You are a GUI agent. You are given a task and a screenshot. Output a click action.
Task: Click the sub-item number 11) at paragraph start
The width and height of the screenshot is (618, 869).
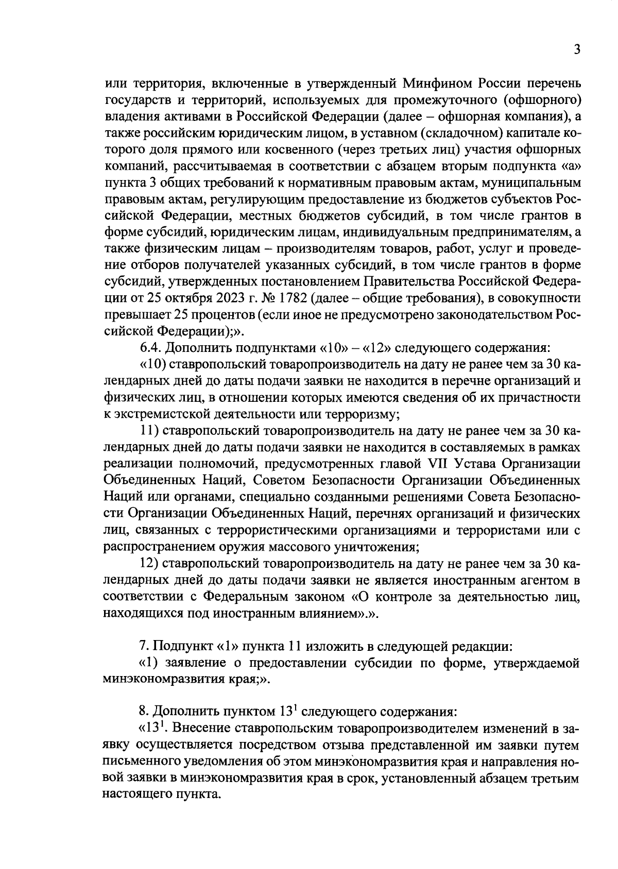[150, 431]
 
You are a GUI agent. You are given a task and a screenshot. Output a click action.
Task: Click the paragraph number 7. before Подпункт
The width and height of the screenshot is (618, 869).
[144, 646]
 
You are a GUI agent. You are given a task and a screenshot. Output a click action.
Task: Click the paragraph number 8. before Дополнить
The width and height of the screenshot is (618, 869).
[144, 712]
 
